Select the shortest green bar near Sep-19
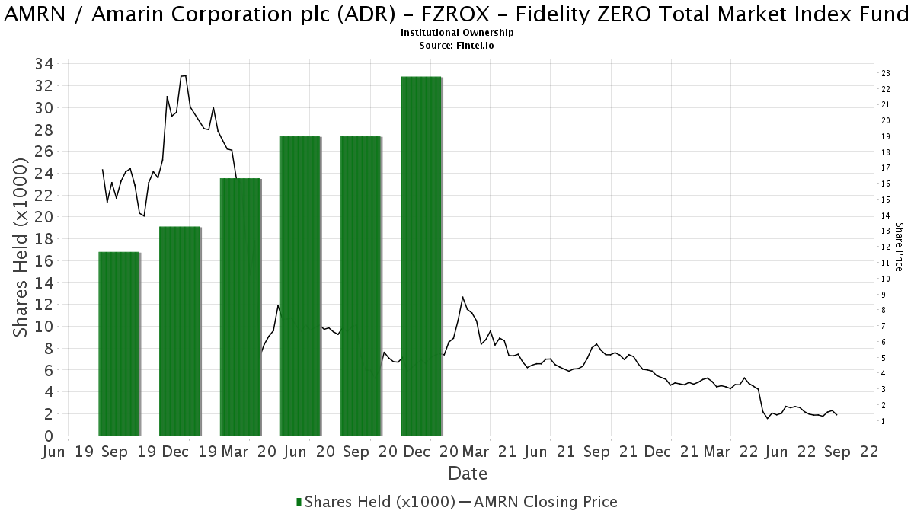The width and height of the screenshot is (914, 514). coord(119,343)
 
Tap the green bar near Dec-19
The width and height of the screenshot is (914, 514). coord(180,330)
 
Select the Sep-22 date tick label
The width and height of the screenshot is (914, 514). coord(851,452)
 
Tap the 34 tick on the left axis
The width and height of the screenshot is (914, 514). coord(43,64)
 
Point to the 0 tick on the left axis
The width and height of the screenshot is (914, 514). coord(48,436)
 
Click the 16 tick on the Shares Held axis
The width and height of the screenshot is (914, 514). coord(43,260)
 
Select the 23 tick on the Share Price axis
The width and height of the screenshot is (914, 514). coord(886,73)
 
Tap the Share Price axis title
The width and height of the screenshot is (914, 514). coord(899,247)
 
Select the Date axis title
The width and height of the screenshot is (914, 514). coord(468,474)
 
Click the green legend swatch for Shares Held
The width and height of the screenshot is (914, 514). coord(299,502)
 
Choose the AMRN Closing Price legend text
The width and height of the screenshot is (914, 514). coord(544,502)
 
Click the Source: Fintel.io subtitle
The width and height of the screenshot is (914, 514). coord(457,45)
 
